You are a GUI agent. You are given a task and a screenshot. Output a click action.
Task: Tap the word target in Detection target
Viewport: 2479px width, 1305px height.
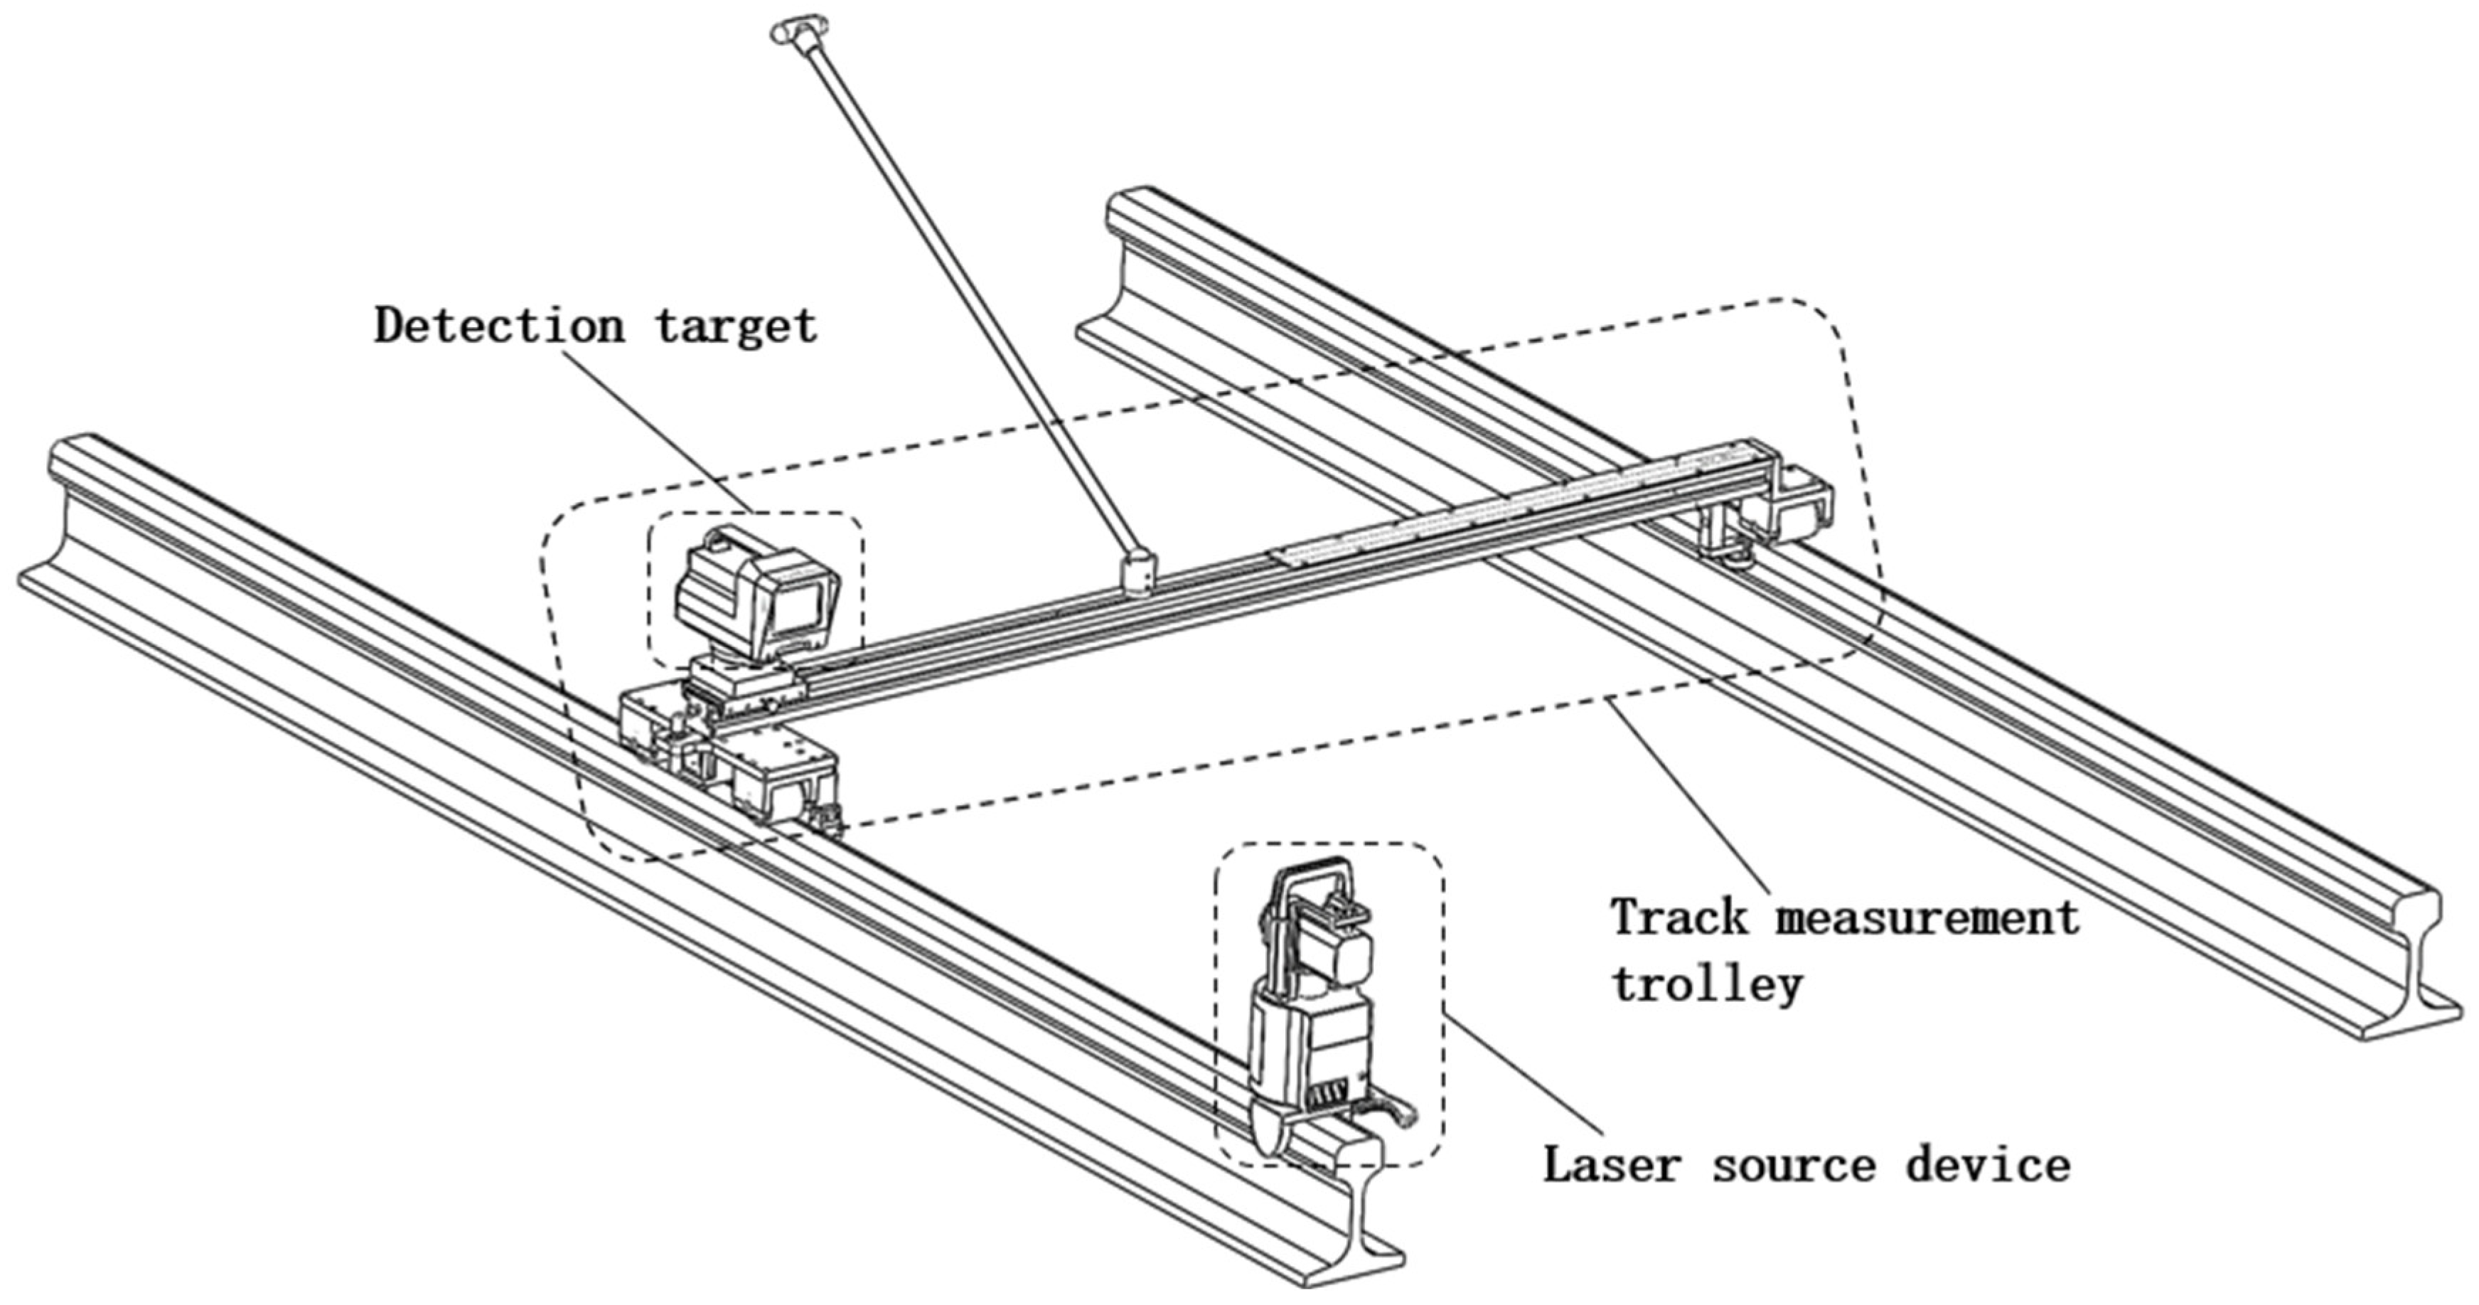pos(737,328)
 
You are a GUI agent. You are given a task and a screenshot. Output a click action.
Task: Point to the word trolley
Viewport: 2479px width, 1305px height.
pos(1706,984)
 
